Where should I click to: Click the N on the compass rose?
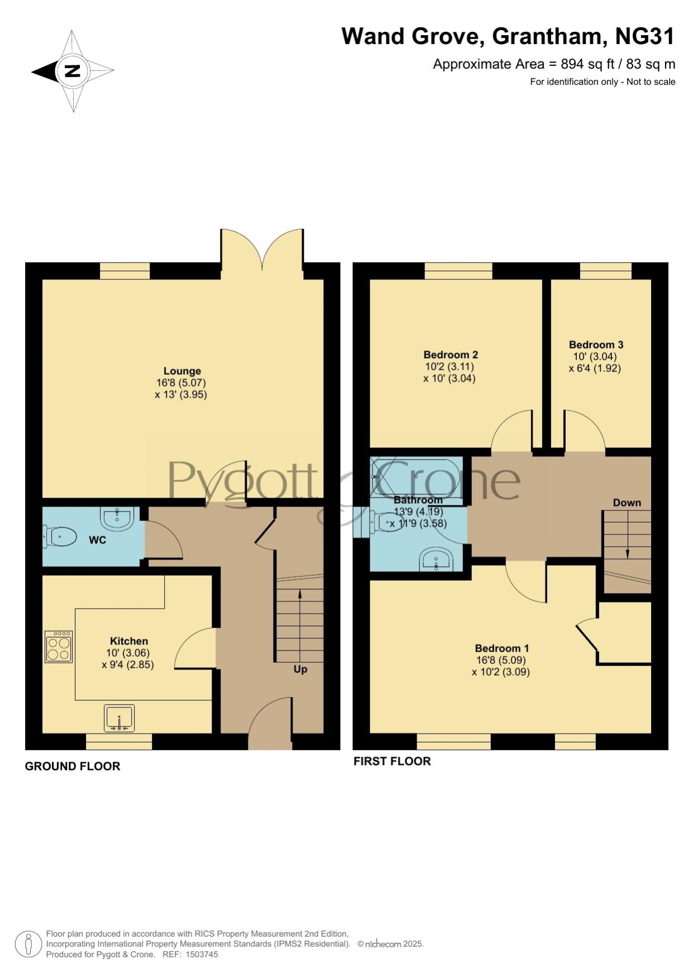(73, 71)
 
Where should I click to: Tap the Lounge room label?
(182, 371)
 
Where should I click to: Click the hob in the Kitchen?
(59, 647)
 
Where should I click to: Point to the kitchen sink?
(119, 718)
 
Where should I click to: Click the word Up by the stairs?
(300, 669)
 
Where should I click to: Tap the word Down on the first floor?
(627, 503)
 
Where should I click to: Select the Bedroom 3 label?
(596, 345)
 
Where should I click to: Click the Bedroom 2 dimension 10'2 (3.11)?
(450, 366)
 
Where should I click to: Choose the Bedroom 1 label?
(501, 648)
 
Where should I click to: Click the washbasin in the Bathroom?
(437, 560)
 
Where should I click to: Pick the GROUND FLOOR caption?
(73, 766)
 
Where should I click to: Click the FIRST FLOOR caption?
(392, 761)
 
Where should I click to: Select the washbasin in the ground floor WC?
(117, 518)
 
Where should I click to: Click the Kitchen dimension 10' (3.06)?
(128, 653)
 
